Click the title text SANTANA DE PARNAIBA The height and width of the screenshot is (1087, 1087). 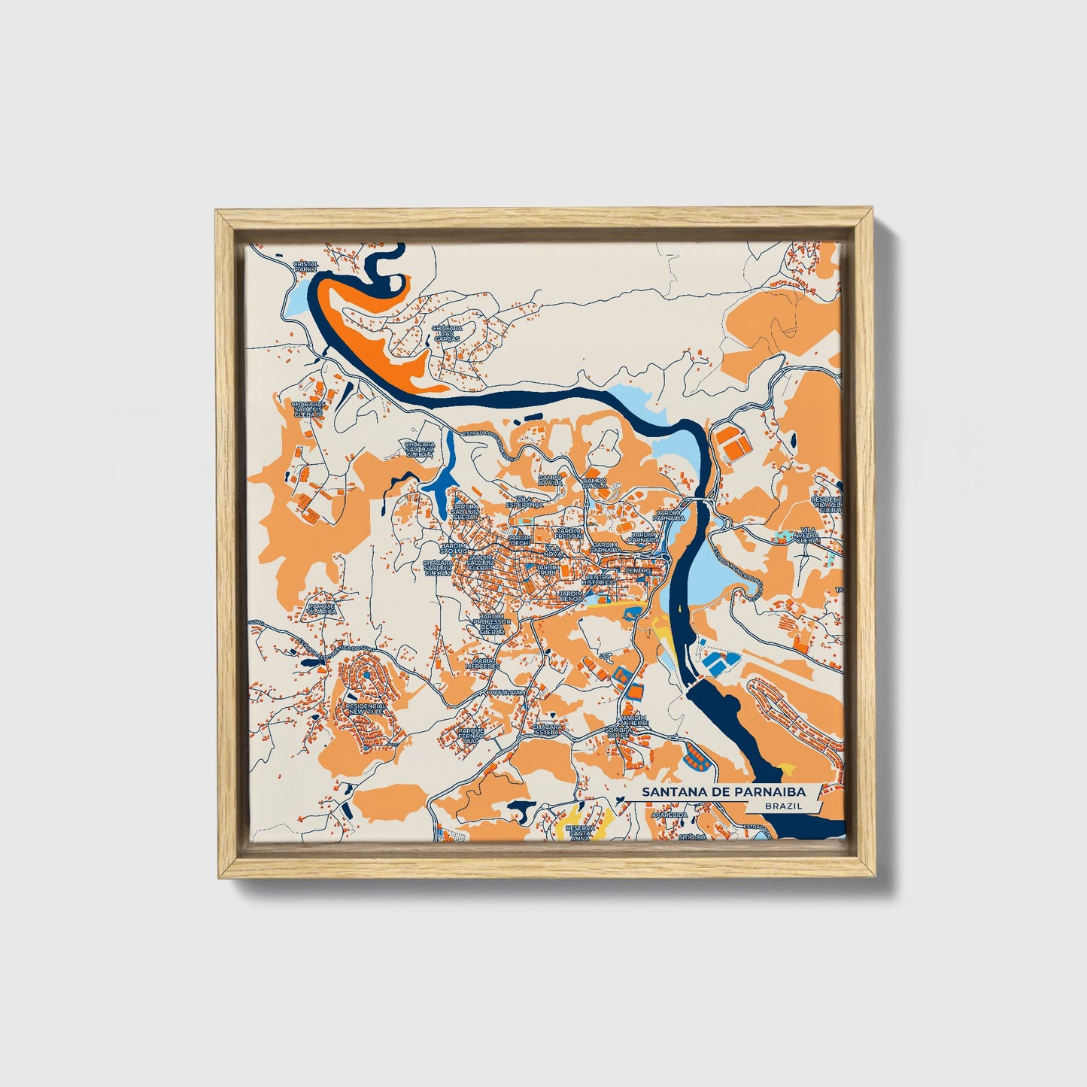[722, 792]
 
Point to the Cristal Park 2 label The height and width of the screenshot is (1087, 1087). [306, 266]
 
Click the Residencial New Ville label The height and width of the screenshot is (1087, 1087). [366, 709]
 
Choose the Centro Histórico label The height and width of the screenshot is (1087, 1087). [600, 579]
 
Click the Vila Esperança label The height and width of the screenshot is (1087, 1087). [524, 503]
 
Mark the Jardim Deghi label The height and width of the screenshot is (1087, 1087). [520, 541]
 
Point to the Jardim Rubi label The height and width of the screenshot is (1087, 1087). [547, 569]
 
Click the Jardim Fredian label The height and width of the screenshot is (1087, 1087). [569, 533]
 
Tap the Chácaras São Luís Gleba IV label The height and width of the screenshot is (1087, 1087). [308, 410]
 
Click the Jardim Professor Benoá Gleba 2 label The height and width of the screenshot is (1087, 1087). [492, 622]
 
